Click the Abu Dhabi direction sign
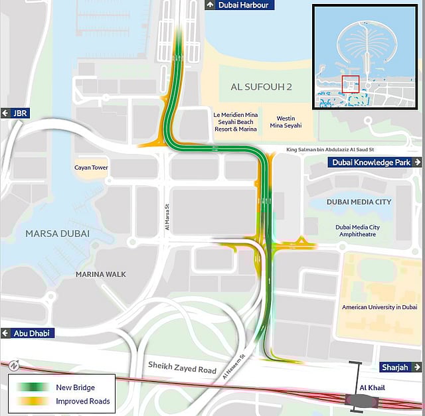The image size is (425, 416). click(27, 333)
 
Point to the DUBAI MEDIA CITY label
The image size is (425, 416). click(359, 201)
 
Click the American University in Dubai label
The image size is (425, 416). click(379, 307)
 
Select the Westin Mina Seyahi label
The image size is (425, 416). click(286, 121)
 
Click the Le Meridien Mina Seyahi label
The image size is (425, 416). click(234, 121)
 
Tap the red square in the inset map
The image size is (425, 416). click(350, 84)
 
